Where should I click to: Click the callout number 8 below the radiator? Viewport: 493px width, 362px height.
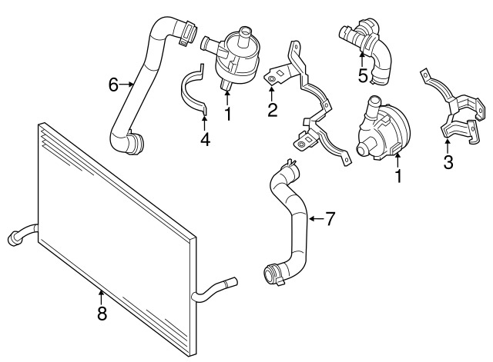pos(101,313)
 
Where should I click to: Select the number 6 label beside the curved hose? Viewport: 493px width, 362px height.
pos(113,85)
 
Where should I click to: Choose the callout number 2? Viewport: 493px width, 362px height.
pos(272,110)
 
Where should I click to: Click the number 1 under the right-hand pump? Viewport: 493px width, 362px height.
pos(399,177)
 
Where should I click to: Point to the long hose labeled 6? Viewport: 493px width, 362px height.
pos(139,92)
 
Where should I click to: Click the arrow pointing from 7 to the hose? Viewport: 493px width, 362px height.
pos(314,219)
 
